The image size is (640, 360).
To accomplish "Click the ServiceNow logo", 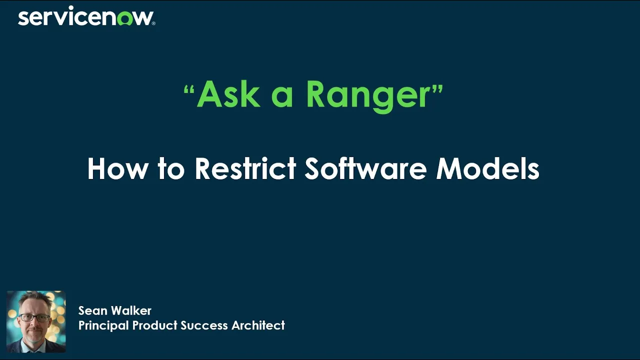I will pyautogui.click(x=86, y=17).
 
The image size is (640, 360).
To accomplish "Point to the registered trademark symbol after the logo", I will pyautogui.click(x=153, y=22).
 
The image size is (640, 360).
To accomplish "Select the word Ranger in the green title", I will pyautogui.click(x=367, y=95).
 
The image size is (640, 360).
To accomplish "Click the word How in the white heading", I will pyautogui.click(x=118, y=168).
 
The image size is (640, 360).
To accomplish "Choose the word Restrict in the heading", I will pyautogui.click(x=245, y=168).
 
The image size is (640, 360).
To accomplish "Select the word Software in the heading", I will pyautogui.click(x=365, y=168).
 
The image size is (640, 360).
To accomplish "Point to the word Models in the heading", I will pyautogui.click(x=487, y=168).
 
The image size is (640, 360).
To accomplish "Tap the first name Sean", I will pyautogui.click(x=93, y=310).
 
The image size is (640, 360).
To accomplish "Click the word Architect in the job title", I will pyautogui.click(x=258, y=325).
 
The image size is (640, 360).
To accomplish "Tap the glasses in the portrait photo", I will pyautogui.click(x=35, y=317).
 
